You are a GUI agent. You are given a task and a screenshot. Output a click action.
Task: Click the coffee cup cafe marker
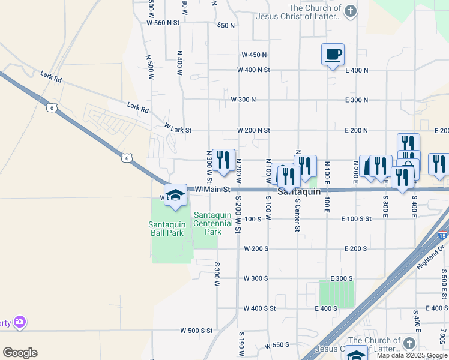[x=333, y=55]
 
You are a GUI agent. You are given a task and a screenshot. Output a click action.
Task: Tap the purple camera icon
[x=20, y=322]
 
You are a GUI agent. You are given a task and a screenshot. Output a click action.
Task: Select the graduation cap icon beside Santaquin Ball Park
[x=176, y=196]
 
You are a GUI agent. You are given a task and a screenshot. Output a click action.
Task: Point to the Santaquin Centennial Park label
[x=213, y=223]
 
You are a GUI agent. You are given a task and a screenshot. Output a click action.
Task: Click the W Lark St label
[x=178, y=129]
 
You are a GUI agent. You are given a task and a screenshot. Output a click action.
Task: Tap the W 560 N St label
[x=163, y=23]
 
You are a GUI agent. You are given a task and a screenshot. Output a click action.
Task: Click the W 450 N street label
[x=254, y=55]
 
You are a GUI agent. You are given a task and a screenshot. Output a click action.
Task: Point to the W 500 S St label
[x=197, y=330]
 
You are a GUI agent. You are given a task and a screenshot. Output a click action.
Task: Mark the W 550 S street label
[x=277, y=345]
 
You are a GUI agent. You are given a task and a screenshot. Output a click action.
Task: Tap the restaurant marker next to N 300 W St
[x=223, y=160]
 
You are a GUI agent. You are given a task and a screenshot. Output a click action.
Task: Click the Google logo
[x=20, y=353]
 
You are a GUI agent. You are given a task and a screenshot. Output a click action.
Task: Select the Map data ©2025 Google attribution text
[x=411, y=355]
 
